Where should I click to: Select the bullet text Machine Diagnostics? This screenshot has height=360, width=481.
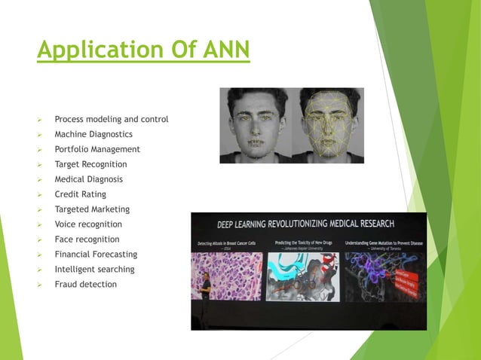(93, 134)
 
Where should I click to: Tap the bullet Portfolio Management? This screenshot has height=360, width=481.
(97, 149)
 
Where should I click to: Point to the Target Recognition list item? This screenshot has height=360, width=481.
(90, 164)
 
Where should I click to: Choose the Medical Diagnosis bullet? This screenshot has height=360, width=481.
(88, 179)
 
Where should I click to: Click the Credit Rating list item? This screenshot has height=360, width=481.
(80, 194)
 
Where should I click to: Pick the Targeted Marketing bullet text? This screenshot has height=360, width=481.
(92, 209)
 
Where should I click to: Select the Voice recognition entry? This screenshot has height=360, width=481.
(88, 224)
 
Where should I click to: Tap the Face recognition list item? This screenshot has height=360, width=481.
(86, 239)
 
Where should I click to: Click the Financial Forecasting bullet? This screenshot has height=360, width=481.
(96, 255)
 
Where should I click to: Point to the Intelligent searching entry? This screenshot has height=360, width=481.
(94, 270)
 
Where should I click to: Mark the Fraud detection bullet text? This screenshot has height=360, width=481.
(85, 285)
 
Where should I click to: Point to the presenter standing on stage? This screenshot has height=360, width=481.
(205, 294)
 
